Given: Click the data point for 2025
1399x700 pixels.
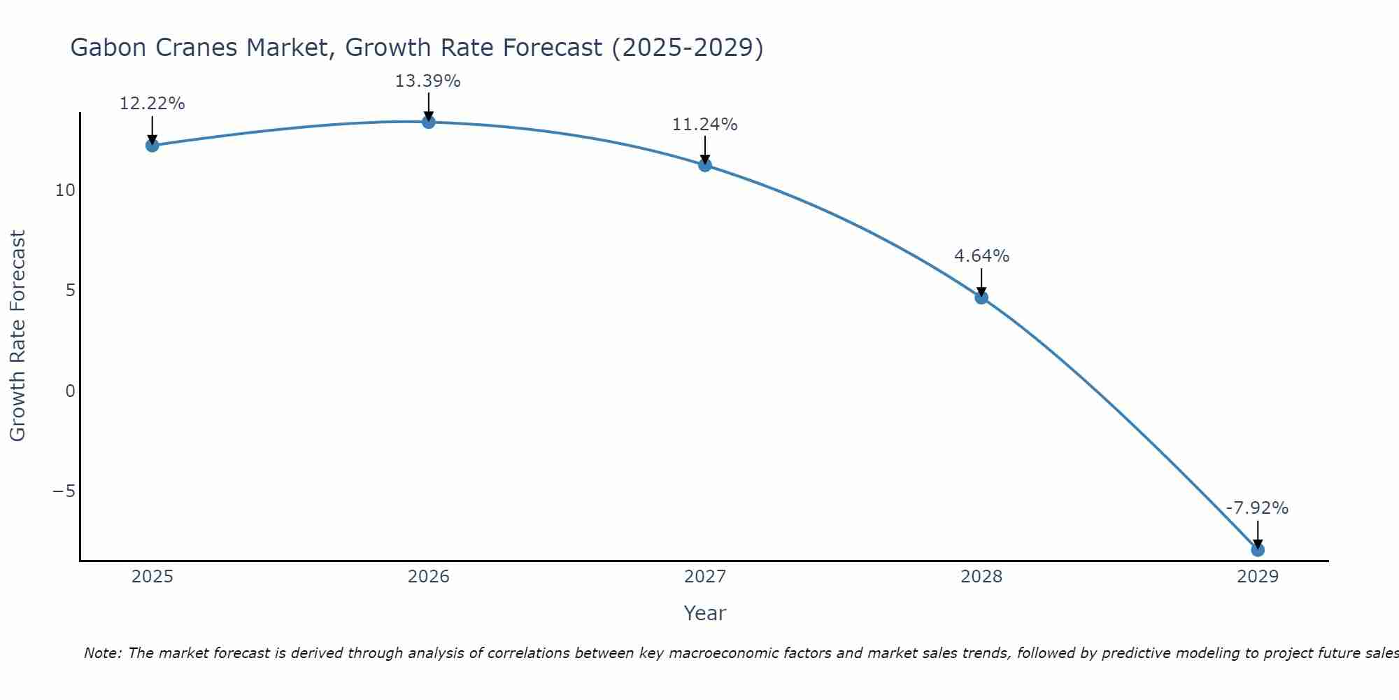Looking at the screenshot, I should pos(152,146).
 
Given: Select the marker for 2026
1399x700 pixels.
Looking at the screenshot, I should pos(429,122).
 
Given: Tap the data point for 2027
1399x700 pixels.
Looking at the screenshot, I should pos(705,165).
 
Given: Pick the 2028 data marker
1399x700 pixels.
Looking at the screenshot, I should pos(981,297).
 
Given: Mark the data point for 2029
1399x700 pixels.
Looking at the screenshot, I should pos(1258,550).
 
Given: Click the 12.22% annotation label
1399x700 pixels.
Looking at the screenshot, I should pos(152,104).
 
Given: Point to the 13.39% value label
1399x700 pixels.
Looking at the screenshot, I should pos(427,81).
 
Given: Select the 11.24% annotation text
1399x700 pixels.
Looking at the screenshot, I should pos(704,125).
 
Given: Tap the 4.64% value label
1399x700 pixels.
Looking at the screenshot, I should pos(981,256).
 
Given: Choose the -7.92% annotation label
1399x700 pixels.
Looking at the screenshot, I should pos(1257,508).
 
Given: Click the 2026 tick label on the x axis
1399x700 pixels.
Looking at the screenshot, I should pos(429,577).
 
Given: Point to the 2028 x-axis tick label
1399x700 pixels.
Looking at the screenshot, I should pos(981,577).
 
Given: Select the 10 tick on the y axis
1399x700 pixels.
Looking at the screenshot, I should pos(65,190).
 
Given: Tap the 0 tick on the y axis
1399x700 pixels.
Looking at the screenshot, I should pos(70,391).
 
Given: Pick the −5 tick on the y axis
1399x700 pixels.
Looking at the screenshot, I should pos(64,491).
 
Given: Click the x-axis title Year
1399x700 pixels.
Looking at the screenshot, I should pos(705,613).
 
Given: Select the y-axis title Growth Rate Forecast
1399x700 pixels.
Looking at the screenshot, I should pos(17,335).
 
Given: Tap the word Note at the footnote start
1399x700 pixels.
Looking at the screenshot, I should pos(102,653).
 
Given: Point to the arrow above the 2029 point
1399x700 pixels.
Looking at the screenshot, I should pos(1258,534).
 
